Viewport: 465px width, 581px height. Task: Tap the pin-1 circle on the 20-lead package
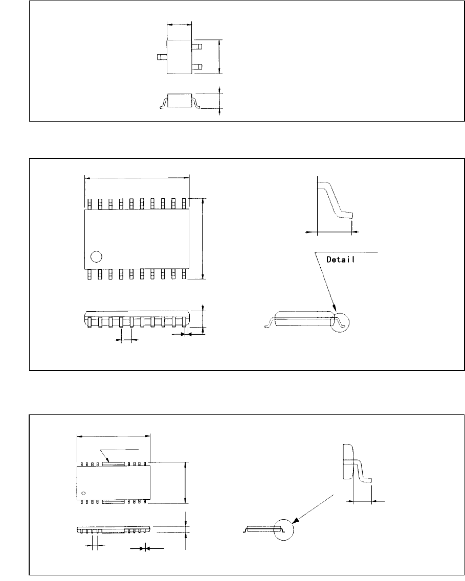pos(96,257)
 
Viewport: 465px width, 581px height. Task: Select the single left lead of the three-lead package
pos(162,57)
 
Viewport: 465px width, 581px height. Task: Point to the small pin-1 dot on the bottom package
pos(83,494)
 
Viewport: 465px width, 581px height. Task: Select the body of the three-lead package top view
pos(179,57)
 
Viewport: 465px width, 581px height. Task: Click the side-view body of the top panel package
pos(180,100)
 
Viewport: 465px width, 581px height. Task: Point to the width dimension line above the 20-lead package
pos(136,178)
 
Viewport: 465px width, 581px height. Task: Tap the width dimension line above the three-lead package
pos(179,24)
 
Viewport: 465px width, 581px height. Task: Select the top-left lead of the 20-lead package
pos(89,204)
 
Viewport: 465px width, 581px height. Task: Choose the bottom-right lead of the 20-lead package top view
pos(184,274)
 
